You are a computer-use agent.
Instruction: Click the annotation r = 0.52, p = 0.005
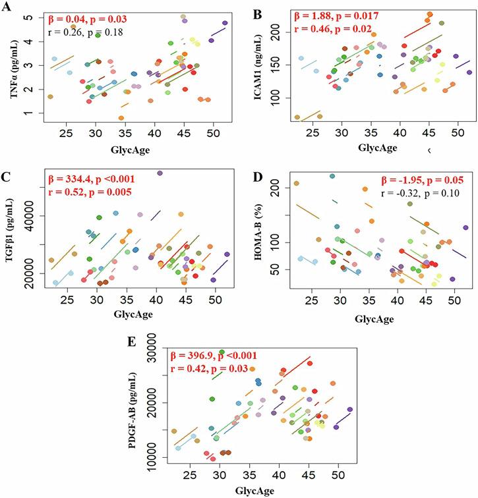point(88,192)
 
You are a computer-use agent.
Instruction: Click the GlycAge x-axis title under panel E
point(256,490)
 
